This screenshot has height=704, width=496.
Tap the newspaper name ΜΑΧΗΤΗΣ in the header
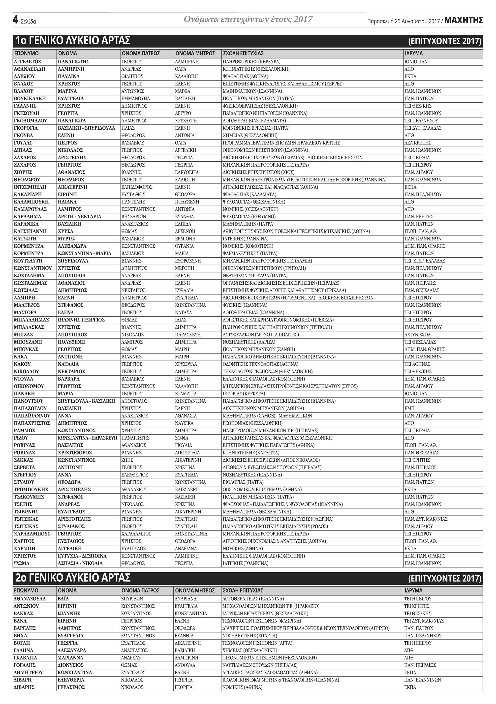464,21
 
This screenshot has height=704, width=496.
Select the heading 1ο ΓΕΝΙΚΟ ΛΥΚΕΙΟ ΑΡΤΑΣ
73,40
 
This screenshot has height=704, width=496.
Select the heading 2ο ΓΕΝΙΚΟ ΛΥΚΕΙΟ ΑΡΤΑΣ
73,578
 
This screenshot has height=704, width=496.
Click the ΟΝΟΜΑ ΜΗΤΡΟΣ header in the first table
195,53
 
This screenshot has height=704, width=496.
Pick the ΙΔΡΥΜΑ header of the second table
413,590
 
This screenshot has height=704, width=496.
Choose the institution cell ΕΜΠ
409,408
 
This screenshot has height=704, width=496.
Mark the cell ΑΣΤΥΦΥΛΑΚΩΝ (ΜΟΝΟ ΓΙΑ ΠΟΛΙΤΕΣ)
260,335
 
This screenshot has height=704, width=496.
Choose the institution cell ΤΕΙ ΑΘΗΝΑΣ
417,364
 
